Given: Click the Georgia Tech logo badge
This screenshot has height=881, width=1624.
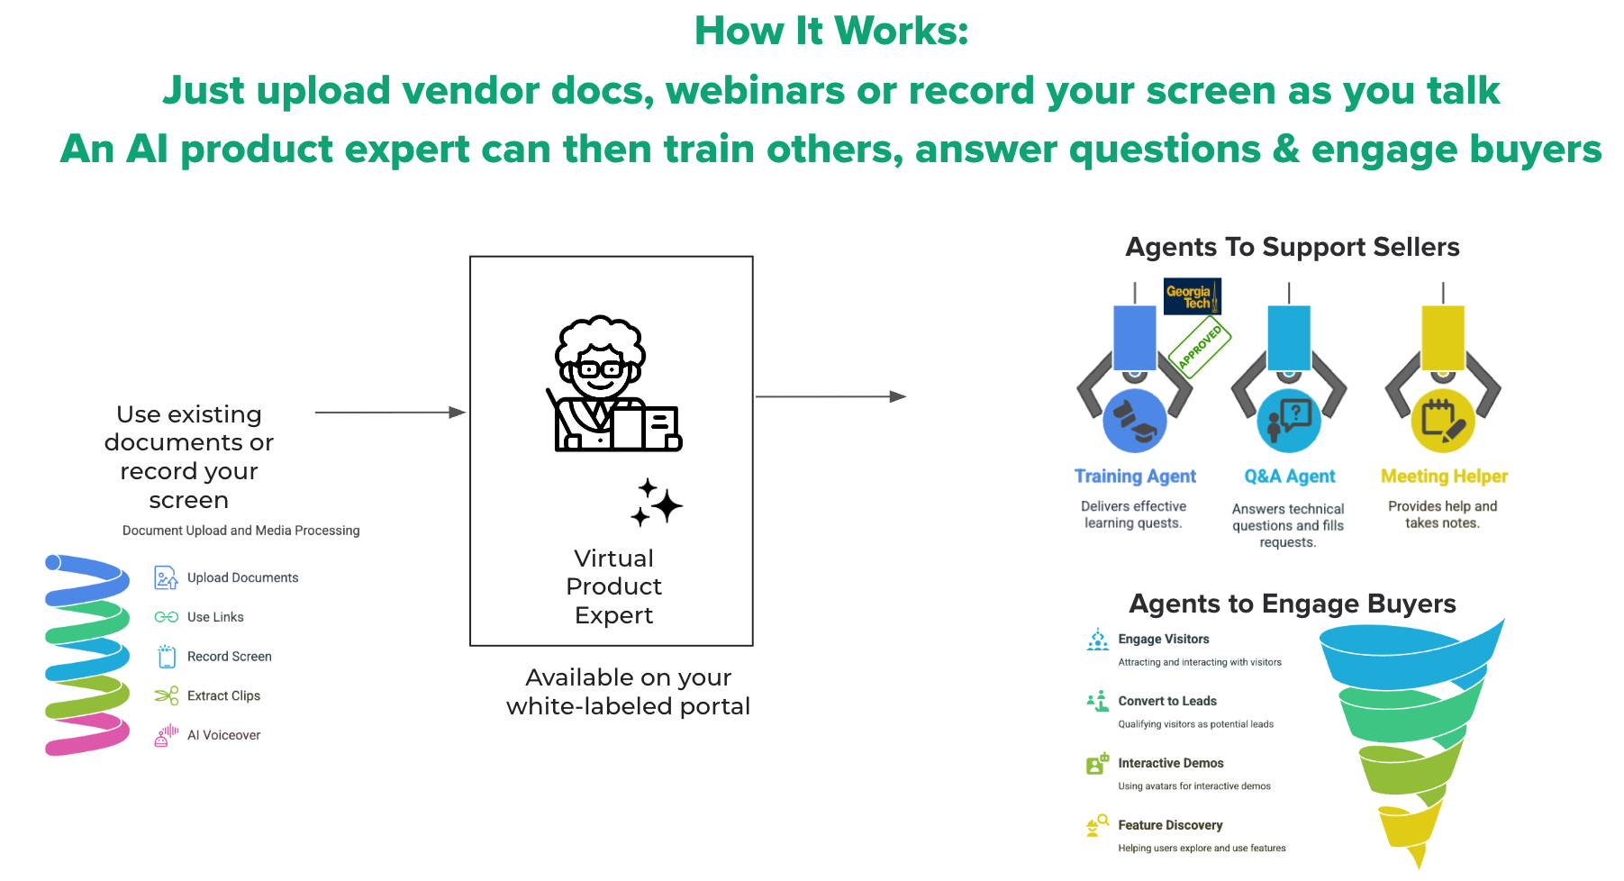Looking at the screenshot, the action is (x=1192, y=296).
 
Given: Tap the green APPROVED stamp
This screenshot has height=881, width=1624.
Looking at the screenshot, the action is (x=1200, y=346).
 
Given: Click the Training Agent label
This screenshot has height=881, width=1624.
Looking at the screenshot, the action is (x=1135, y=477).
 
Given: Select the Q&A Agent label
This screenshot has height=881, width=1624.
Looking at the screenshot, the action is (x=1290, y=477).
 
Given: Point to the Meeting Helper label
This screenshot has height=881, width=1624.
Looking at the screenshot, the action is (x=1444, y=477).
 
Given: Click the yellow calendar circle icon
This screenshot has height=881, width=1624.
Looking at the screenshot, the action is (x=1443, y=421).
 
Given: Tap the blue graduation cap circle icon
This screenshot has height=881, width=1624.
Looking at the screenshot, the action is (x=1135, y=421).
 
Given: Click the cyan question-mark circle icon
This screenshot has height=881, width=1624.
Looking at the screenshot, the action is (x=1289, y=421).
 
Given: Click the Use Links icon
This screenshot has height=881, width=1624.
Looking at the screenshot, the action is (x=166, y=617).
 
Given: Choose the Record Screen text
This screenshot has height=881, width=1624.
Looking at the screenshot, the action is (x=229, y=657).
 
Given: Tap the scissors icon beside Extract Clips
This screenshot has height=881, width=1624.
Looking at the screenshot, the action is (x=166, y=695).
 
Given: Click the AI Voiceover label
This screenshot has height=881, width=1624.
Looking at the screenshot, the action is (x=223, y=735).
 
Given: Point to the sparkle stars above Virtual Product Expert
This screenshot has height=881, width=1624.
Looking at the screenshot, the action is (x=656, y=503).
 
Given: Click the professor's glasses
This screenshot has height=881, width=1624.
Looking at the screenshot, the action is (x=601, y=369).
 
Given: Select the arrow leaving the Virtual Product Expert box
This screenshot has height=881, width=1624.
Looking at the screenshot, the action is (x=830, y=396).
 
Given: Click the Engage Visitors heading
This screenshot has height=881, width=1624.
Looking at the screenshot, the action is (x=1164, y=639).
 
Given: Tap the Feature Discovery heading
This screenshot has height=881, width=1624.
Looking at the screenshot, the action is (x=1170, y=825).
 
